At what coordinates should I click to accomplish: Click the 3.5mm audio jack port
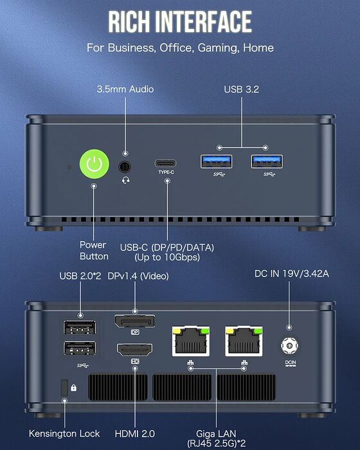pyautogui.click(x=125, y=166)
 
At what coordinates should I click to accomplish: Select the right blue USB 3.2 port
pyautogui.click(x=265, y=161)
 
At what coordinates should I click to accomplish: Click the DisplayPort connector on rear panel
pyautogui.click(x=134, y=321)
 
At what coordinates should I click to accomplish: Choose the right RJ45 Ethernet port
pyautogui.click(x=244, y=341)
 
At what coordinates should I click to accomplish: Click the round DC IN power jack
pyautogui.click(x=289, y=346)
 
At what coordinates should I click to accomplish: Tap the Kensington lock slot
pyautogui.click(x=64, y=388)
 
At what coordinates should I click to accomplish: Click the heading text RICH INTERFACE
pyautogui.click(x=180, y=22)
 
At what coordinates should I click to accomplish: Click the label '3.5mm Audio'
pyautogui.click(x=125, y=88)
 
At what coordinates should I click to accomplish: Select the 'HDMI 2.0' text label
pyautogui.click(x=134, y=433)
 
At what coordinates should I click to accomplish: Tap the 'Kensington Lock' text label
pyautogui.click(x=64, y=433)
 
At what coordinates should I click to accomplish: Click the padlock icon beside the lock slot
pyautogui.click(x=75, y=388)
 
